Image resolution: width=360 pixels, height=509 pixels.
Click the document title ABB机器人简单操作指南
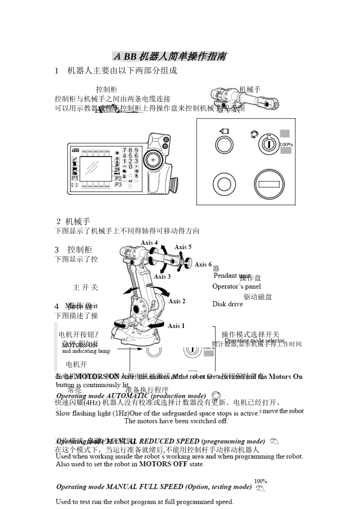pos(170,56)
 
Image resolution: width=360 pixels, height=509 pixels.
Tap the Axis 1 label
pos(176,326)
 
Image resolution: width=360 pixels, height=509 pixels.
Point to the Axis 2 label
pos(177,301)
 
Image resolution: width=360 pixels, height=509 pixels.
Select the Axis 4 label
pos(149,242)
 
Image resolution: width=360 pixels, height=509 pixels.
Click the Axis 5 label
pos(183,247)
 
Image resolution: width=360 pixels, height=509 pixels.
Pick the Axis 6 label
pos(203,264)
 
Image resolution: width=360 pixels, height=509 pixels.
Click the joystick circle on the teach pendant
pos(153,160)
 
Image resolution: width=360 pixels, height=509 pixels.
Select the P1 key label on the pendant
pos(75,178)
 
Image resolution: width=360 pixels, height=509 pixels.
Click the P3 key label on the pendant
pos(118,184)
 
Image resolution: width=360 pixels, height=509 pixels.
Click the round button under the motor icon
pos(224,145)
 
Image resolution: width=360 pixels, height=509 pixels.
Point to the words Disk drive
pos(227,304)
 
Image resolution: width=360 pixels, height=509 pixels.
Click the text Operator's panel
pos(236,286)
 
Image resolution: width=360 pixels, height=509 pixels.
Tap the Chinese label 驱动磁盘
pos(258,297)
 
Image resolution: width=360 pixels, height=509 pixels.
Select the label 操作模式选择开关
pos(250,334)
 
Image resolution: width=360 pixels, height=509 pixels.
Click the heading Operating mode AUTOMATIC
pos(131,396)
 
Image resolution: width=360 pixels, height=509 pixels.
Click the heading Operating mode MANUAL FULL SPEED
pos(154,487)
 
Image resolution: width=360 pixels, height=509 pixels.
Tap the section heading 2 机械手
pos(73,221)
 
